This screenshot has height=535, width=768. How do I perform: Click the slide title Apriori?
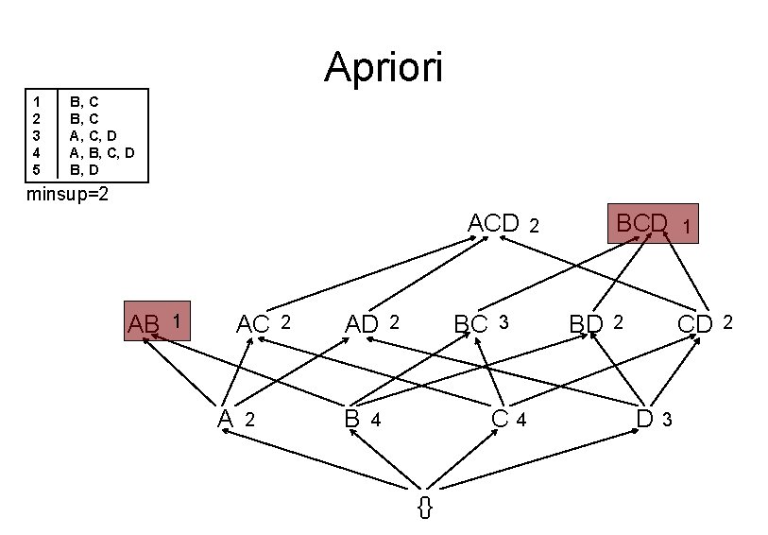tap(383, 68)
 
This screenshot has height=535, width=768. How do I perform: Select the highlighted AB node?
tap(158, 323)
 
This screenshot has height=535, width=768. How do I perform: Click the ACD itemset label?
tap(494, 224)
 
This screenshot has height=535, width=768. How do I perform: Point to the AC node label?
tap(253, 324)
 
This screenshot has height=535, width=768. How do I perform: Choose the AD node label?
tap(362, 324)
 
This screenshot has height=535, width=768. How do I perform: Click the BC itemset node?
tap(470, 324)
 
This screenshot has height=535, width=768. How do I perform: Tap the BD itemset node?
tap(586, 324)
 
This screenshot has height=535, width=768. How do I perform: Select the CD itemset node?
tap(695, 324)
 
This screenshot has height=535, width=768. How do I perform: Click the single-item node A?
tap(225, 418)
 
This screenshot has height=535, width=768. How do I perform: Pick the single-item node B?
tap(352, 418)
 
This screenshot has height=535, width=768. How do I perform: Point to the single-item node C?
tap(501, 418)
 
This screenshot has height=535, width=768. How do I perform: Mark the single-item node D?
tap(645, 418)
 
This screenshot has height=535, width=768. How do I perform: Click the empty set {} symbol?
tap(425, 506)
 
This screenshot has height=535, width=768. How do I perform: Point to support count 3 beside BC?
tap(503, 322)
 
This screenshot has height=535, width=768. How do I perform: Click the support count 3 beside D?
tap(667, 420)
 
